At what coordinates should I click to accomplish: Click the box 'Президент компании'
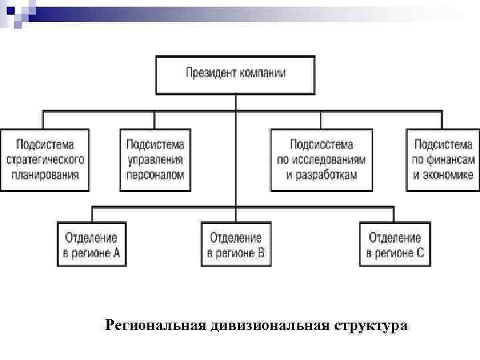235,74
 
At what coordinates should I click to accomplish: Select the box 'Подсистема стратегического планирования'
45,160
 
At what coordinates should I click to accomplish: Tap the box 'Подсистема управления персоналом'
155,160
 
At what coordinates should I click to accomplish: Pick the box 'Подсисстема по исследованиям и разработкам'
321,160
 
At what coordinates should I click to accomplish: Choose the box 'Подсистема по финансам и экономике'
443,160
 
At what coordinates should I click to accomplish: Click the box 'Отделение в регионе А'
91,245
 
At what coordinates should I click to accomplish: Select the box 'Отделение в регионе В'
236,245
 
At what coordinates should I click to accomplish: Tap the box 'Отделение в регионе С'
395,245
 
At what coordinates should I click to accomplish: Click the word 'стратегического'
45,160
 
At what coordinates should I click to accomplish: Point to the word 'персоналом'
155,175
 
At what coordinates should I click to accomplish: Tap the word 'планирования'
45,175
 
